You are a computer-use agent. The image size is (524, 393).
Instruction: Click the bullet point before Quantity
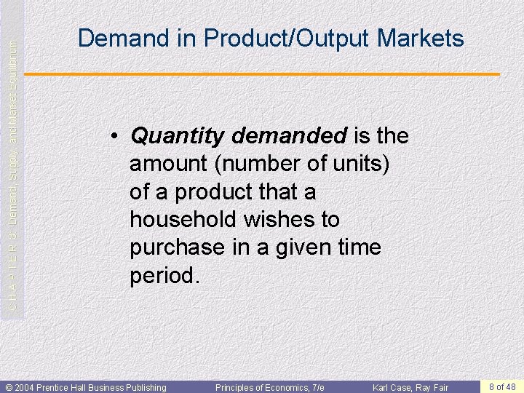click(115, 137)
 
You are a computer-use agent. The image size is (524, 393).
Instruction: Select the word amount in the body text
click(165, 164)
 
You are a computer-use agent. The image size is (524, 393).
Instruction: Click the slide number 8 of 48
click(502, 386)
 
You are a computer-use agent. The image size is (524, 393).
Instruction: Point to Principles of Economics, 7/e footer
click(270, 387)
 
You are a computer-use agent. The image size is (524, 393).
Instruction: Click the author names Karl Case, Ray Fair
click(410, 387)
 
